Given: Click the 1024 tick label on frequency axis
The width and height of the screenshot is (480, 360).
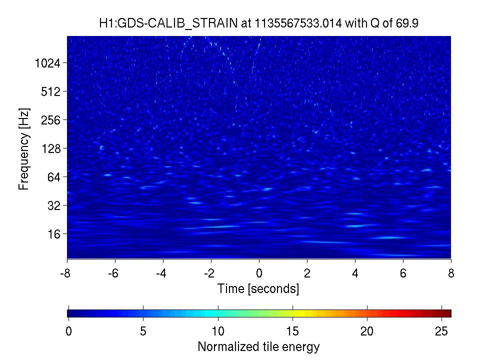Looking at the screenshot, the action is (x=47, y=63).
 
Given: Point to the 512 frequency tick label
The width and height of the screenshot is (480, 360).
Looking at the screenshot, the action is (x=51, y=91).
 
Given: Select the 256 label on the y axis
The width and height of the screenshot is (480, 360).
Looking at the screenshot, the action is (x=51, y=120).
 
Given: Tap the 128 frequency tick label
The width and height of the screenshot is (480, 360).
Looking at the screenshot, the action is (x=51, y=149).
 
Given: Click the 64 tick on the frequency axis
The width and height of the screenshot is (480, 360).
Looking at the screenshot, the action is (x=54, y=177).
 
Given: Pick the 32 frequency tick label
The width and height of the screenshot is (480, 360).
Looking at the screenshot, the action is (x=54, y=205).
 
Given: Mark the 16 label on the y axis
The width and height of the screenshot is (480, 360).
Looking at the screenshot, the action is (x=54, y=234).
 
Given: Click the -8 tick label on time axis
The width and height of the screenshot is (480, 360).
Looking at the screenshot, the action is (x=65, y=273).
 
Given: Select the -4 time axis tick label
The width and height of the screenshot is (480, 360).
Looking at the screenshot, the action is (x=161, y=273).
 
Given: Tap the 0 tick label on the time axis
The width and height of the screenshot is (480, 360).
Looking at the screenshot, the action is (x=259, y=273).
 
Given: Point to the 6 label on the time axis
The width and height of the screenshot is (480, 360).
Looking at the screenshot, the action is (x=403, y=273).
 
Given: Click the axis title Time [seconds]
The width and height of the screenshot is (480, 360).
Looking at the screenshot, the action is (x=258, y=288).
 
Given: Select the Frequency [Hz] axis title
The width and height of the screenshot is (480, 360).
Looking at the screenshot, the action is (x=24, y=149).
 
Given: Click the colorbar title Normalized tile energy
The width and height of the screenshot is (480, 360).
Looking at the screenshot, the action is (x=258, y=346).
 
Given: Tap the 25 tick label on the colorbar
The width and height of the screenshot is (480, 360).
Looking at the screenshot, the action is (x=441, y=331).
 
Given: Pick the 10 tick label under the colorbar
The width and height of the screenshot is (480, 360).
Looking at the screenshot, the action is (x=218, y=331).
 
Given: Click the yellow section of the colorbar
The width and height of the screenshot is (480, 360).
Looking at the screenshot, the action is (x=301, y=313).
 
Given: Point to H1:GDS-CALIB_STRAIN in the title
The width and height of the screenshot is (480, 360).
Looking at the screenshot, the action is (x=168, y=23).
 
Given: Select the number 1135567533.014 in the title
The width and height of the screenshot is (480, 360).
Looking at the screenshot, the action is (x=298, y=23).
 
